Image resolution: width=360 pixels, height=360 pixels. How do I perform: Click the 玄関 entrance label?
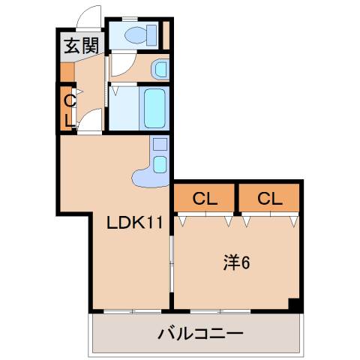point(80,46)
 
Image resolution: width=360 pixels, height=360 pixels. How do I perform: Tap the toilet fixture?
point(136,34)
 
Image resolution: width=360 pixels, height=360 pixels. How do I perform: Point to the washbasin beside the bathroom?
point(160,70)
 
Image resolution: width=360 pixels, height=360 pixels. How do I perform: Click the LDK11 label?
point(133,223)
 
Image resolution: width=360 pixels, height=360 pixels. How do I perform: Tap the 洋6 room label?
point(235,262)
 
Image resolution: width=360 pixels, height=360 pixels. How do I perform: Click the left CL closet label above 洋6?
point(205,199)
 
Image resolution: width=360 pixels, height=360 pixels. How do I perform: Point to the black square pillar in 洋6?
point(295,304)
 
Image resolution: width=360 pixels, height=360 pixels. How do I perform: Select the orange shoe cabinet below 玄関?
point(67,72)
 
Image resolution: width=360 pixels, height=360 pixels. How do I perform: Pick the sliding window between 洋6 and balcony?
point(219,310)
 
